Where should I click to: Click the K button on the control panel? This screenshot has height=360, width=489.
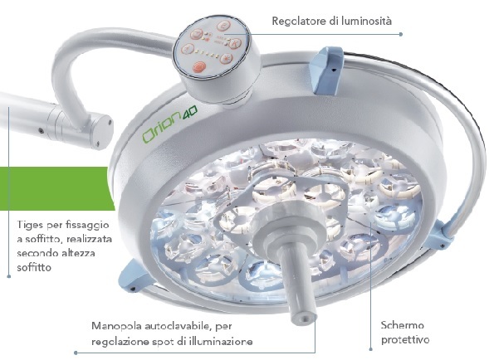point(234,43)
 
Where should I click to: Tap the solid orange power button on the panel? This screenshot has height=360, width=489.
point(198,66)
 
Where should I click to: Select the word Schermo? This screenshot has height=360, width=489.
point(403,325)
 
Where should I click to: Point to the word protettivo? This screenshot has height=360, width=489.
point(405,339)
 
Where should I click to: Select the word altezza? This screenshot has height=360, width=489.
point(78,253)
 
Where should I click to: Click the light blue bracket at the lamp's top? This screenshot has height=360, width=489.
point(328,70)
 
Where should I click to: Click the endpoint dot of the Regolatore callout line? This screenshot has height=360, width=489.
point(401,34)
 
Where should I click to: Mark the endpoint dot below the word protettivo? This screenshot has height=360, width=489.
point(371,349)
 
